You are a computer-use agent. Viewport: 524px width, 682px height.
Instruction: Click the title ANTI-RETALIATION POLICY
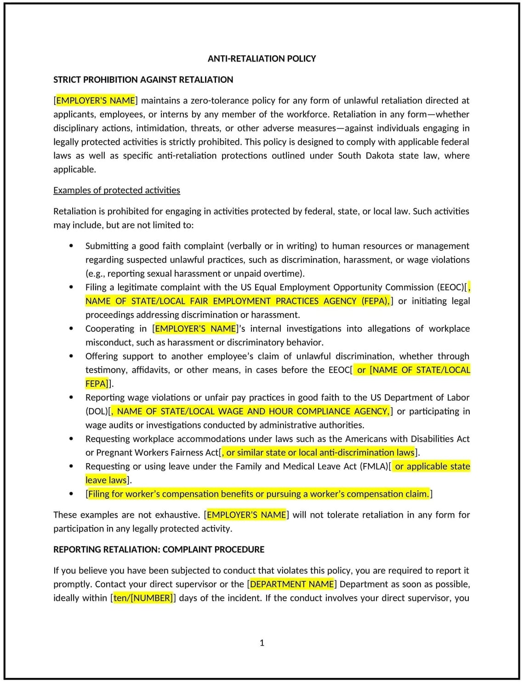point(262,58)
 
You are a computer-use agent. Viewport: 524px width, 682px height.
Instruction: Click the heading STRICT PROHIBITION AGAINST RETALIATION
point(143,80)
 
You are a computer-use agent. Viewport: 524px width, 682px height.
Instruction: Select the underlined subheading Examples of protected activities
point(116,190)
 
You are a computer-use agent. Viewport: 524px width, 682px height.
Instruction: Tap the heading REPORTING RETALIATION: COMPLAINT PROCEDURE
point(159,549)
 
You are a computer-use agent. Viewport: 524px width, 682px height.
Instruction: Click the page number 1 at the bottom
point(262,642)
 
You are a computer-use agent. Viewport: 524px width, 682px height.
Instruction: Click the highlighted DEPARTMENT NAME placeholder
point(292,584)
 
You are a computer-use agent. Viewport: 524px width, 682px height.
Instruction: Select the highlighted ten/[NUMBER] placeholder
point(143,598)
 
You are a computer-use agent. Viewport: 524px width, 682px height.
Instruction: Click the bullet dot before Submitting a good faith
point(71,246)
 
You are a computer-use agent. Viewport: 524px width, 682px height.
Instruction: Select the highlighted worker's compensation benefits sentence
point(258,494)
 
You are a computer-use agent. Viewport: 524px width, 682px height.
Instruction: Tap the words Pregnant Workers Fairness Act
point(158,453)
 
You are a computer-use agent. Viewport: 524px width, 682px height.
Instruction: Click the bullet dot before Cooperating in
point(71,328)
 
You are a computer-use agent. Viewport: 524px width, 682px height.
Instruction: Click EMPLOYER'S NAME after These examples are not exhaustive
point(246,515)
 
